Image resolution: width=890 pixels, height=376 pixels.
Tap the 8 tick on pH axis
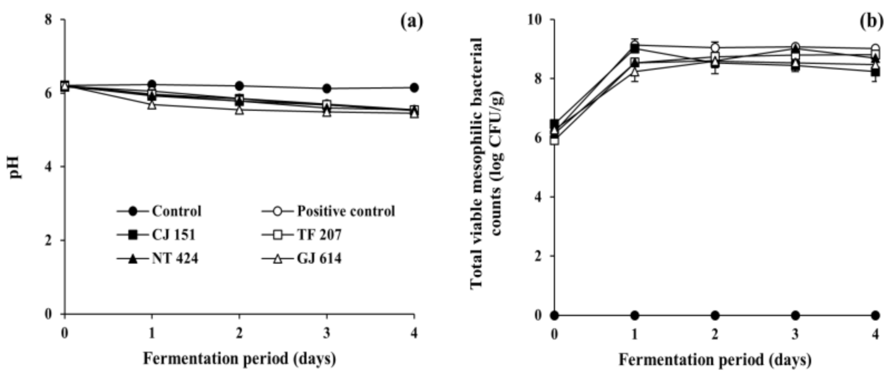coord(55,20)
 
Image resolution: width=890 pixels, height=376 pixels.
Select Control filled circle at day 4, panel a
coord(414,88)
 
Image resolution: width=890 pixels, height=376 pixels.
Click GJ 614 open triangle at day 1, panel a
coord(152,104)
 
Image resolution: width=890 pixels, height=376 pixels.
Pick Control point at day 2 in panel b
coord(715,315)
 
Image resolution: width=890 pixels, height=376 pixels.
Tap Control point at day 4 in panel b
coord(875,315)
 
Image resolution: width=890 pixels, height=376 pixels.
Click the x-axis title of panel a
coord(240,359)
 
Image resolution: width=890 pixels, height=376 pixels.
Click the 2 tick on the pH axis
coord(55,241)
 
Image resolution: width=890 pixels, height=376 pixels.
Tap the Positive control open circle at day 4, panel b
coord(875,49)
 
